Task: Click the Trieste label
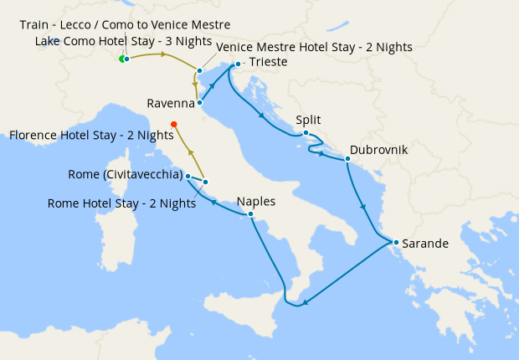[x=267, y=63]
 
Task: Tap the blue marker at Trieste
[x=239, y=64]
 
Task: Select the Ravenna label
[x=170, y=104]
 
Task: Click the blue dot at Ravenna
[x=199, y=103]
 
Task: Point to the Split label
[x=308, y=121]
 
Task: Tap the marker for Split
[x=306, y=133]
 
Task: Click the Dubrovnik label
[x=379, y=149]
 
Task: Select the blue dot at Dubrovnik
[x=347, y=159]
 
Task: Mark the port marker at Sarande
[x=396, y=244]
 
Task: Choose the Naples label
[x=255, y=202]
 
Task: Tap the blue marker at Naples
[x=250, y=214]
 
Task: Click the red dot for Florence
[x=174, y=125]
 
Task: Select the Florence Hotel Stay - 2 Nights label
[x=91, y=135]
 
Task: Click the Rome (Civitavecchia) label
[x=126, y=175]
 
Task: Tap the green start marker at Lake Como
[x=122, y=59]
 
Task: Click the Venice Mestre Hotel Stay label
[x=314, y=47]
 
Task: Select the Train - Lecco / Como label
[x=125, y=25]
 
